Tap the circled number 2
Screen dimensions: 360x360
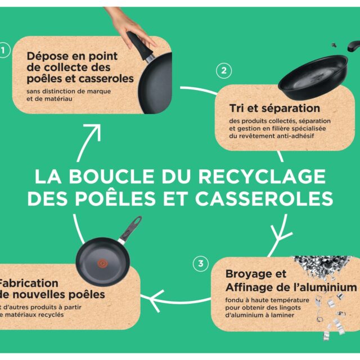(223, 71)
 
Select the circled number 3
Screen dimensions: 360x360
(200, 263)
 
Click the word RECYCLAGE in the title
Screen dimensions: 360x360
(262, 176)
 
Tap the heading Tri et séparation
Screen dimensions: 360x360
(274, 107)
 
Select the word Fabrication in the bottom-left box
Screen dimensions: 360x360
(28, 283)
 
